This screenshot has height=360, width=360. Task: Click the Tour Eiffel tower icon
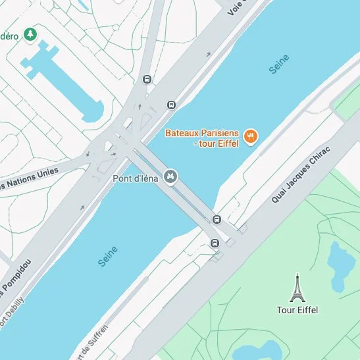pos(297,287)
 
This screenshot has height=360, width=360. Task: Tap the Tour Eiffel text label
pos(297,310)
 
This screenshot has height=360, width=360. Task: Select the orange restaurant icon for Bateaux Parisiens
pos(250,137)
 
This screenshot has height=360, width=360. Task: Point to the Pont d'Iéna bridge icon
pos(170,176)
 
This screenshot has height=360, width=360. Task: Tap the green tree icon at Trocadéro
pos(30,34)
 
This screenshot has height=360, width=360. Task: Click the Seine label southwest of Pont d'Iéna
pos(108,256)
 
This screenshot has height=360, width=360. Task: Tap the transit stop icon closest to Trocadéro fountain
pos(146,80)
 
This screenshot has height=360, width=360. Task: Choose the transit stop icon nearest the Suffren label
pos(215,244)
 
